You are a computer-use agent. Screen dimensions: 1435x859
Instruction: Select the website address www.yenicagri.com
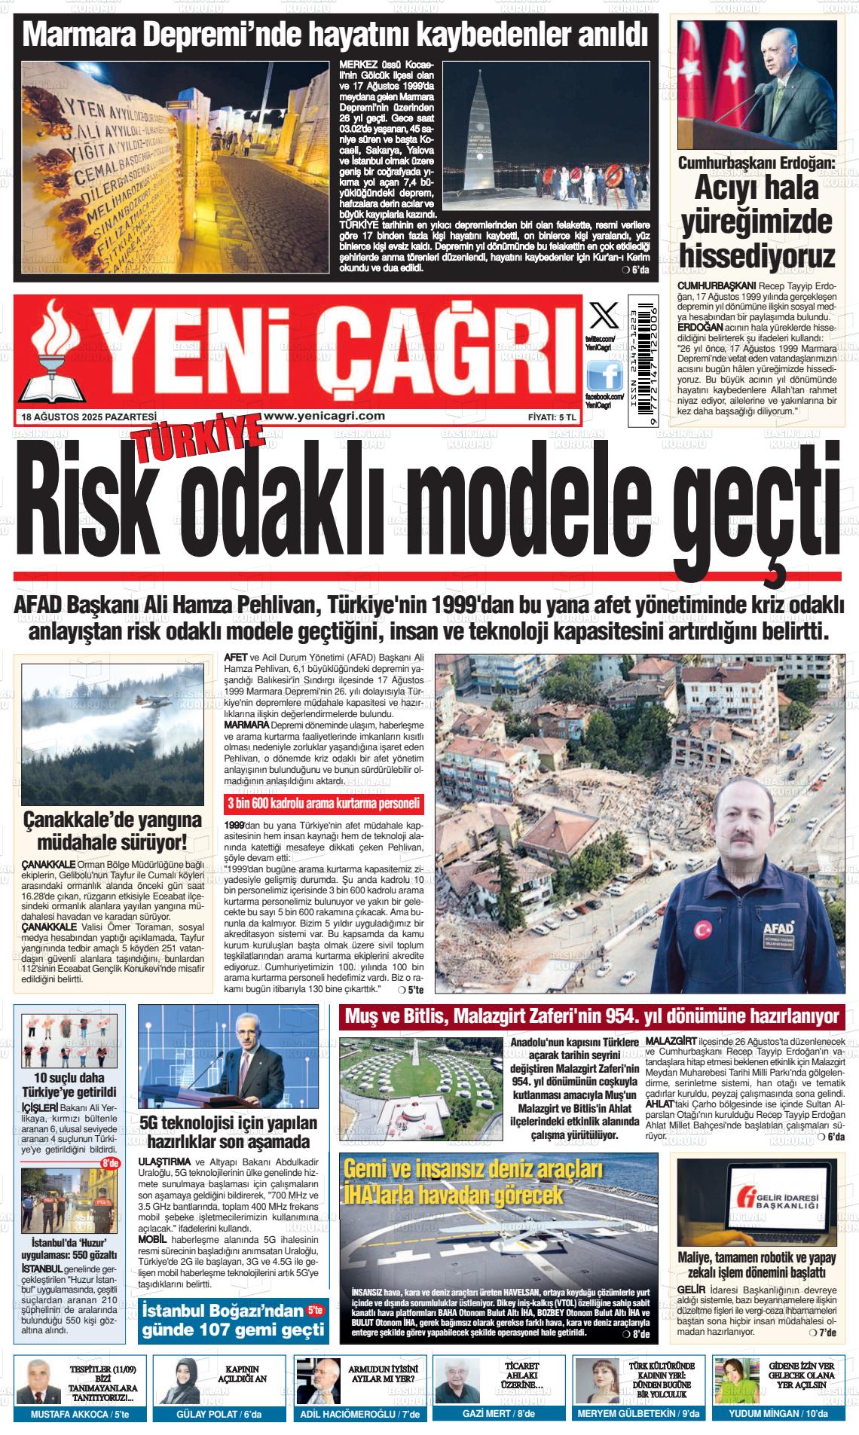pos(325,416)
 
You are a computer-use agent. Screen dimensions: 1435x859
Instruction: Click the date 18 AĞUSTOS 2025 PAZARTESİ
pos(90,417)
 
